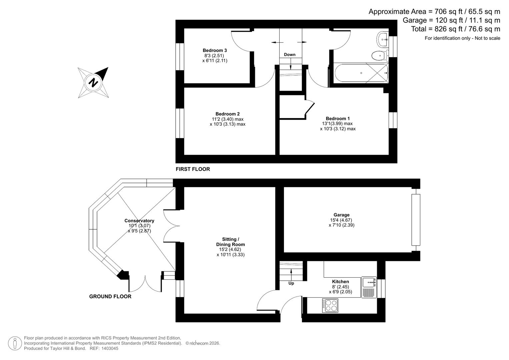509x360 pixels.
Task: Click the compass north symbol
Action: [x=93, y=82]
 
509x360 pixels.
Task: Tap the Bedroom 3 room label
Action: [x=215, y=50]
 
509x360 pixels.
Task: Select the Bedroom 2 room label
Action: [x=227, y=114]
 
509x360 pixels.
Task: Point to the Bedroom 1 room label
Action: [x=338, y=118]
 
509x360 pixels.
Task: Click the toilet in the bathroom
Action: [x=379, y=55]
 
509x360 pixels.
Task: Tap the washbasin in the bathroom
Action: [x=382, y=39]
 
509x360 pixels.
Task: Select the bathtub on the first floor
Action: [x=361, y=73]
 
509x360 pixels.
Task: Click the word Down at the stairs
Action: [x=290, y=55]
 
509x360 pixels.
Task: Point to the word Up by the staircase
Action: [x=291, y=283]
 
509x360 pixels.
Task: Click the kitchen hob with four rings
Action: [x=330, y=306]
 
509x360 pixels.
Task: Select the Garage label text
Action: [x=341, y=215]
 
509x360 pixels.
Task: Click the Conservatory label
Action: [x=139, y=221]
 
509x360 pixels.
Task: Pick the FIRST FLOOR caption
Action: [x=193, y=169]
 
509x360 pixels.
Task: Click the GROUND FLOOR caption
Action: [x=110, y=296]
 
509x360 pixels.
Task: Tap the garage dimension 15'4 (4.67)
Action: [x=341, y=220]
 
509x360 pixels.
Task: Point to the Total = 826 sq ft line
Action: [x=455, y=29]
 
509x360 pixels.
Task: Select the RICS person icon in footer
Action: [x=15, y=343]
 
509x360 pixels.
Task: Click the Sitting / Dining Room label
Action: [x=230, y=242]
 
